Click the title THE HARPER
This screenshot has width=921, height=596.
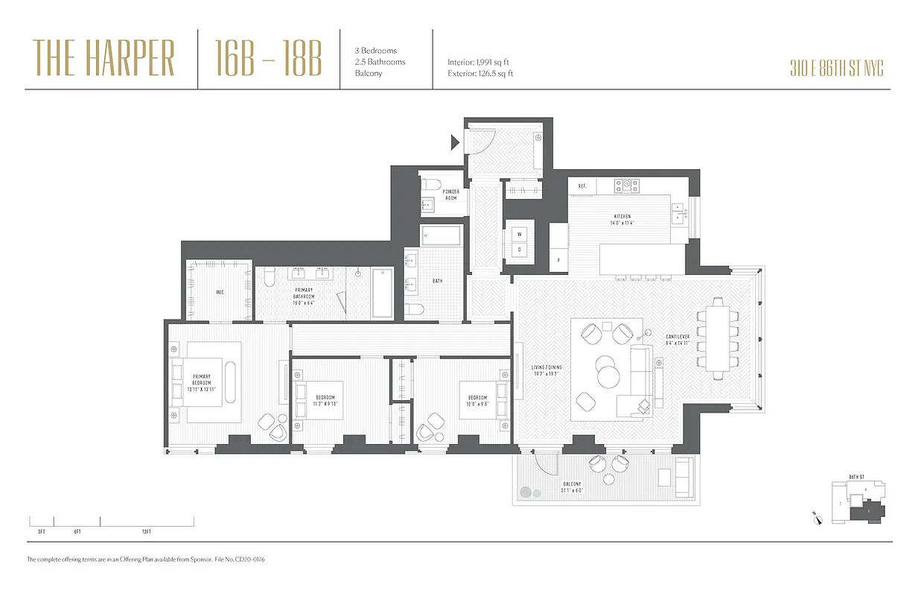(x=103, y=59)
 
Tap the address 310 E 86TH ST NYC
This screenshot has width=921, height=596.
(x=837, y=69)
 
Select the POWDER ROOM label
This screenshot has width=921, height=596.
(x=451, y=194)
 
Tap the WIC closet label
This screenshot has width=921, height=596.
(x=220, y=292)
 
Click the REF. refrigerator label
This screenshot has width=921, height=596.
(x=583, y=186)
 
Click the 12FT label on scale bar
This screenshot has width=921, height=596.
(x=146, y=531)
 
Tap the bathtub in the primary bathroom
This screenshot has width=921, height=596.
(x=382, y=294)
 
